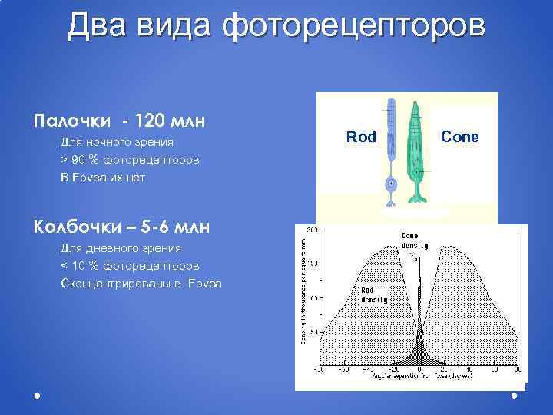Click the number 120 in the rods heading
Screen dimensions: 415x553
coord(151,121)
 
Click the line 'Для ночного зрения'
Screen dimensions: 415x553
coord(117,142)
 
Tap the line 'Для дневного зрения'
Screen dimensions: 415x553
coord(121,248)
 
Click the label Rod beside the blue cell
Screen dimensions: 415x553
coord(361,138)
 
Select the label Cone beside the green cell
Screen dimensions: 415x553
coord(460,137)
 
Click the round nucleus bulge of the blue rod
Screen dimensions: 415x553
coord(391,184)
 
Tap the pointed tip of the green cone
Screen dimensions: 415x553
coord(415,103)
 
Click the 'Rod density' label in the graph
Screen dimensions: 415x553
coord(374,294)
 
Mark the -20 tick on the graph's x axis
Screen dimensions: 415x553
coord(394,370)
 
